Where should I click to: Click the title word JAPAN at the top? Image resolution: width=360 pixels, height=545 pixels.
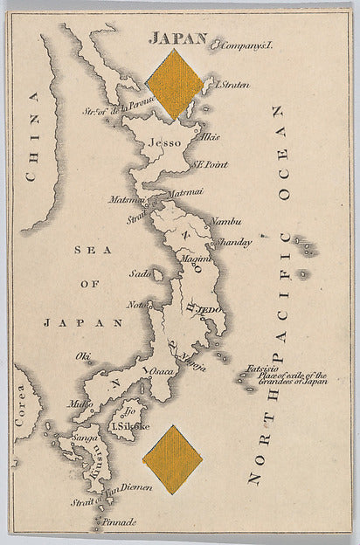click(177, 38)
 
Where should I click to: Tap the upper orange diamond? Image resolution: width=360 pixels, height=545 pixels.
click(175, 84)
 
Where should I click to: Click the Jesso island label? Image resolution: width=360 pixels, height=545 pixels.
click(164, 141)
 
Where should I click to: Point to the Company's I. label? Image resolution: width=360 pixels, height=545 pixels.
click(248, 45)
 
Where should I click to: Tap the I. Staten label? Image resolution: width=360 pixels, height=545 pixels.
click(232, 85)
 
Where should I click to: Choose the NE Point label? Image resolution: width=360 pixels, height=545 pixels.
click(211, 164)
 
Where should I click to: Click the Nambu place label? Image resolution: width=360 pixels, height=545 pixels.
click(226, 224)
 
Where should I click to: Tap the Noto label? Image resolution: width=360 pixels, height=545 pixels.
click(136, 305)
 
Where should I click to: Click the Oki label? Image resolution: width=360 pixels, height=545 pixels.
click(84, 355)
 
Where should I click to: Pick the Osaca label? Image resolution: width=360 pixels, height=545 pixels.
click(163, 371)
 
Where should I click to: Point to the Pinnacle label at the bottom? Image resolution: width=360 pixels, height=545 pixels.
click(120, 521)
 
